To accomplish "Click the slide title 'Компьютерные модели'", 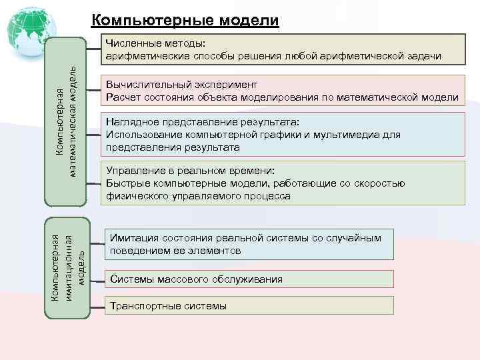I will click(x=184, y=20).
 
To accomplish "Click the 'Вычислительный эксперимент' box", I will click(x=281, y=91).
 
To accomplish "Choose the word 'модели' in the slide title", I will click(x=246, y=20).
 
